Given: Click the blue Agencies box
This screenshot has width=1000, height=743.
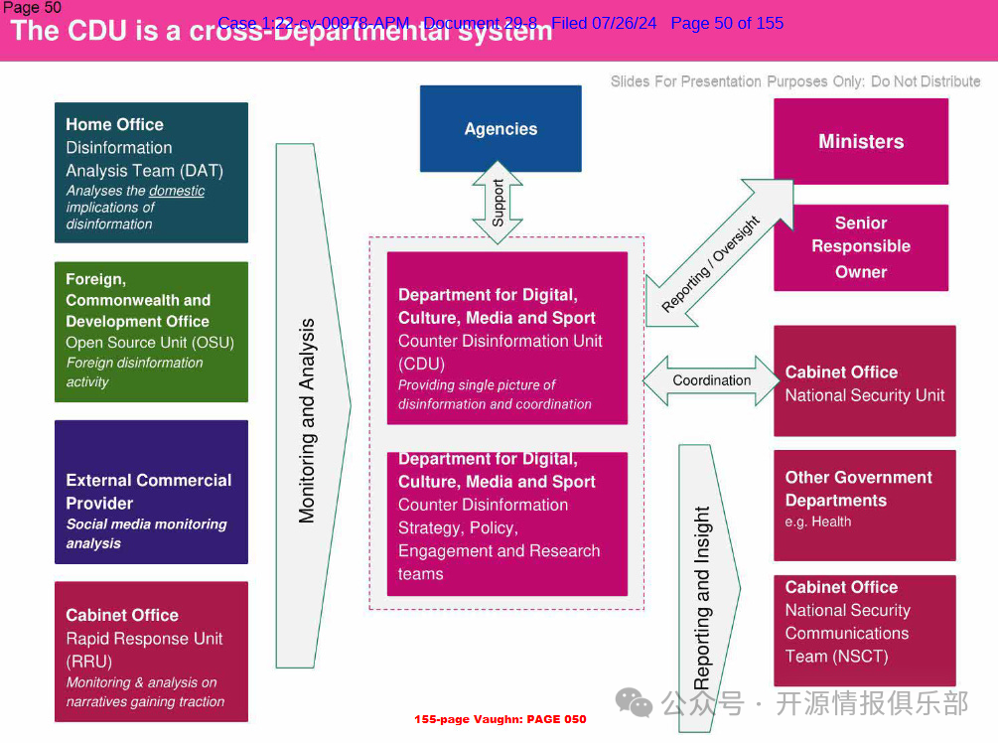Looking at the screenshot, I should pos(500,128).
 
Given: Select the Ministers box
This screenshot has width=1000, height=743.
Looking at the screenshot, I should pos(861,141).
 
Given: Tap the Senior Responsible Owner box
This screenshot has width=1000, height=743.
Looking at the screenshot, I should pos(861,247).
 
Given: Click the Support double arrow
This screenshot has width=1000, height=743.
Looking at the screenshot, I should pos(499,203).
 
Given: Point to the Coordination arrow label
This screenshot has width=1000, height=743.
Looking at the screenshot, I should pos(711,380).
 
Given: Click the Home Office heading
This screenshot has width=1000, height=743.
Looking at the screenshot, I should pos(114,124).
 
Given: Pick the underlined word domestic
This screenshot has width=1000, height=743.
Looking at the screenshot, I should pos(177,191).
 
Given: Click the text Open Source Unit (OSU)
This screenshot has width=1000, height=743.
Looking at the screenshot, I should pos(150,343).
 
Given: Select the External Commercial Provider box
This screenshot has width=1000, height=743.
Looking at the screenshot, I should pos(151,492).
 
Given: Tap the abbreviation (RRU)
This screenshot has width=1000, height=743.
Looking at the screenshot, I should pos(88,662).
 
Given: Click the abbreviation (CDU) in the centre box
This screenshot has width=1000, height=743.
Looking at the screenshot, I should pos(421,364).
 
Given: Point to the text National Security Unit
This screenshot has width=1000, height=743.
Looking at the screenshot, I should pos(865,395).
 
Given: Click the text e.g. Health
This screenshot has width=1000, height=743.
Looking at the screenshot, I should pos(818,521).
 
